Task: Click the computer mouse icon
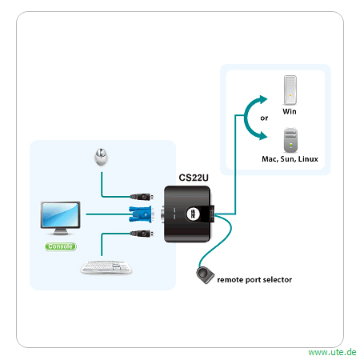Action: coord(101,157)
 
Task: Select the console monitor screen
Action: coord(60,215)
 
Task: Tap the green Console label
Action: coord(60,246)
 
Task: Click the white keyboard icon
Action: coord(106,267)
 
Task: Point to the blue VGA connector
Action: coord(140,214)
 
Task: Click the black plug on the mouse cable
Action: coord(142,197)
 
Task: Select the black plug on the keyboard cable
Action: coord(142,234)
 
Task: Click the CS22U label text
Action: coord(194,178)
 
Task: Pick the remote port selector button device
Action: coord(205,275)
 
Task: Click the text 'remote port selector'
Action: coord(254,280)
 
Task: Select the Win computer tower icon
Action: coord(290,90)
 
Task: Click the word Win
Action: coord(290,111)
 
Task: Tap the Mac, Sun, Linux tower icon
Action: coord(290,140)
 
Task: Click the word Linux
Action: coord(308,159)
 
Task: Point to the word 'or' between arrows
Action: coord(264,118)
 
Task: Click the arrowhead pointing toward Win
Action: coord(263,99)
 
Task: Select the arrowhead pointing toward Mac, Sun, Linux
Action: coord(263,135)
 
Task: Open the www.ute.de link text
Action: coord(332,352)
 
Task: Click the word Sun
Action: coord(288,159)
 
